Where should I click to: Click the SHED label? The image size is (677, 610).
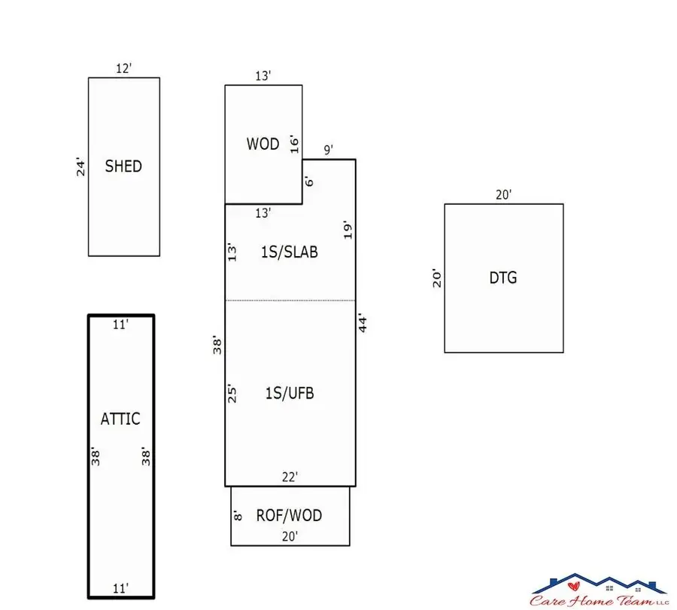click(x=123, y=166)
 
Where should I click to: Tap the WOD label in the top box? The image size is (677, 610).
click(x=263, y=143)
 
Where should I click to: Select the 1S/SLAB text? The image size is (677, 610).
click(x=289, y=252)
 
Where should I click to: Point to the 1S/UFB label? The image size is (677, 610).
click(x=289, y=392)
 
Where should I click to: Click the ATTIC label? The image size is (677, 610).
click(x=120, y=419)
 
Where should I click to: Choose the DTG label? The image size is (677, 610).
click(x=503, y=278)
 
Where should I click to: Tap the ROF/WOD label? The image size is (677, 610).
click(x=289, y=515)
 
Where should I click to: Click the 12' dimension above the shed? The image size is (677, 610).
click(x=123, y=69)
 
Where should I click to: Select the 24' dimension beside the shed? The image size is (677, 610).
click(x=81, y=166)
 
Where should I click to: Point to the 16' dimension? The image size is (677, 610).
click(x=294, y=144)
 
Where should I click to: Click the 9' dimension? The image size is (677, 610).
click(x=328, y=150)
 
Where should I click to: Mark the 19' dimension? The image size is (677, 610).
click(x=348, y=230)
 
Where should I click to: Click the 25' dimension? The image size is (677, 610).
click(x=232, y=393)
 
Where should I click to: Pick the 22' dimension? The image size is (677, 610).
click(x=289, y=476)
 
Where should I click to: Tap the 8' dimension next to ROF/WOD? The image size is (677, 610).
click(x=237, y=516)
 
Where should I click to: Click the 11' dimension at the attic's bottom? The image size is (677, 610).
click(x=120, y=587)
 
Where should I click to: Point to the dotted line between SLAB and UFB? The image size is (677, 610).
click(x=290, y=300)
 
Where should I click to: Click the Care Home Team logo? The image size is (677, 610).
click(x=600, y=590)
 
